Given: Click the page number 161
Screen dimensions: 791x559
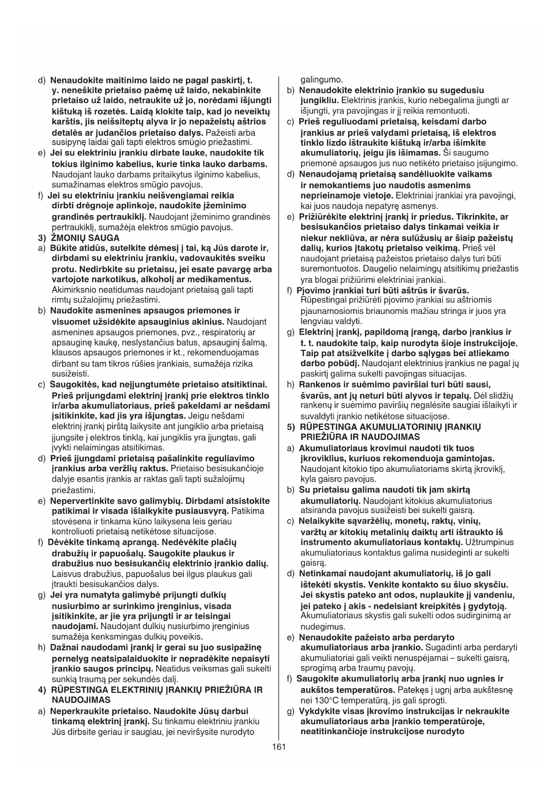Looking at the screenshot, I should coord(279,746).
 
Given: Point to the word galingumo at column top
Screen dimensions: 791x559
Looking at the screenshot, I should coord(322,79).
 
